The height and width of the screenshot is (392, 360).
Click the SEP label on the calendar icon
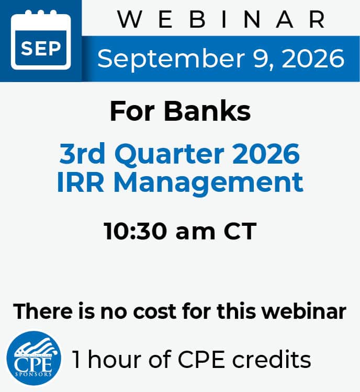[41, 48]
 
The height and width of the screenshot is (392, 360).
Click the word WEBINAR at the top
[221, 19]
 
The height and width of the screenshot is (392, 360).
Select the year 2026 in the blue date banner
[313, 59]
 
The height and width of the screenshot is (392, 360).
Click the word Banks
[207, 111]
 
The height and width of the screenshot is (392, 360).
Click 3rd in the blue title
[82, 154]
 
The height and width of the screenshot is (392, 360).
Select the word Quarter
[169, 155]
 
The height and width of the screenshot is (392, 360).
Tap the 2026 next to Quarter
[266, 154]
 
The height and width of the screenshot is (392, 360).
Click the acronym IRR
[80, 182]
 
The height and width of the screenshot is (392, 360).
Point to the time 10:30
[135, 231]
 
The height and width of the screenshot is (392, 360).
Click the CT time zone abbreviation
[240, 231]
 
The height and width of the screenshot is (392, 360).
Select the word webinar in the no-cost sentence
[304, 311]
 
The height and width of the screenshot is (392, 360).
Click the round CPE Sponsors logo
[33, 358]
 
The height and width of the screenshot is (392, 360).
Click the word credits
[272, 359]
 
